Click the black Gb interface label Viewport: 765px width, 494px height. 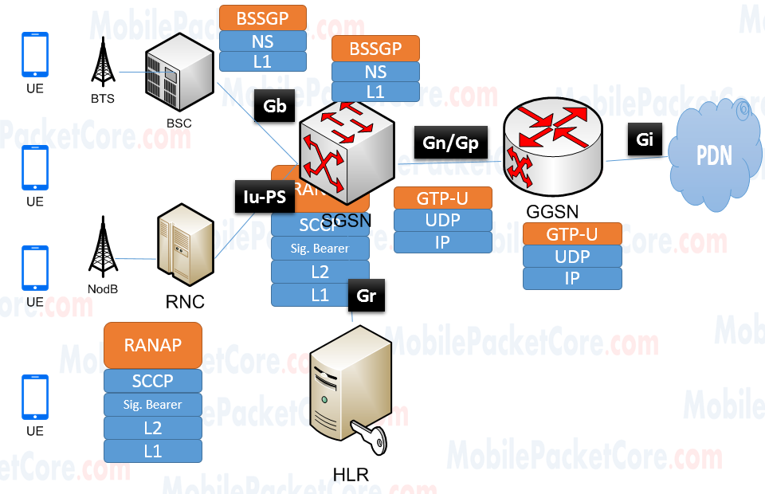click(274, 107)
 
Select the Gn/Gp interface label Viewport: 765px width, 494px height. click(450, 143)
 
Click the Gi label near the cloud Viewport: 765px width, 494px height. click(645, 140)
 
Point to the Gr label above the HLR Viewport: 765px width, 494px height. click(367, 295)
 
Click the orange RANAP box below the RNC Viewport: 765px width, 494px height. click(152, 345)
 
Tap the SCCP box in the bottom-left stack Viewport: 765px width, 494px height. click(152, 381)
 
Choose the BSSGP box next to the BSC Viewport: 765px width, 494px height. click(262, 17)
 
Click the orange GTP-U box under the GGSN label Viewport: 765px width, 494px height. click(571, 234)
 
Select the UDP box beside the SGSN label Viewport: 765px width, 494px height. click(442, 220)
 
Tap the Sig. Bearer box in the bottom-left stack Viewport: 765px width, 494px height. click(152, 404)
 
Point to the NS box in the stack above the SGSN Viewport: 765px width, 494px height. click(375, 71)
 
